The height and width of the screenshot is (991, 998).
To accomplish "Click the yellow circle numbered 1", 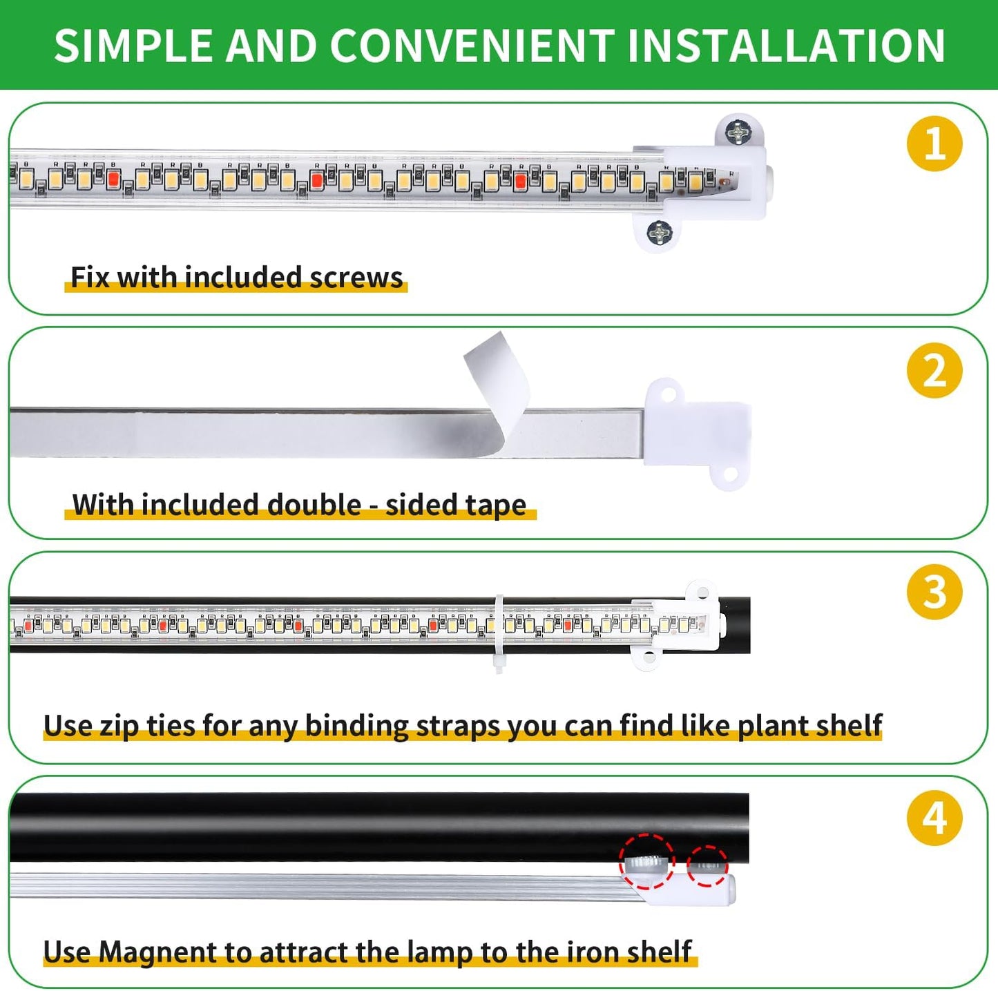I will point(934,144).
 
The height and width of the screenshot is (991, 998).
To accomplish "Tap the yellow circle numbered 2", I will point(934,370).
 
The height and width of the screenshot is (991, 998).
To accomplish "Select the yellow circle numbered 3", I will point(934,592).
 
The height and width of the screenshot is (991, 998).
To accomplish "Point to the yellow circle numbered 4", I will point(934,818).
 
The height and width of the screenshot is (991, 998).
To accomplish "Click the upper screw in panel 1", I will point(738,131).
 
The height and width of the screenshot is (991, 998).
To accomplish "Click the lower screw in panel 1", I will point(660,233).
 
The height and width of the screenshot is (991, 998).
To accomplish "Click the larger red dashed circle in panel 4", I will point(646,862).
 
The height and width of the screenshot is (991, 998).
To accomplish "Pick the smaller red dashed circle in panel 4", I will point(707,865).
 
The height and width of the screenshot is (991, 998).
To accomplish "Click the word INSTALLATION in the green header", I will point(786,46).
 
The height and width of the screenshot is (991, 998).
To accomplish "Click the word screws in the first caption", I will point(356,278).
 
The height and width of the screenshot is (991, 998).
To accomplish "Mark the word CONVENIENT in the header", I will point(472,46).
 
